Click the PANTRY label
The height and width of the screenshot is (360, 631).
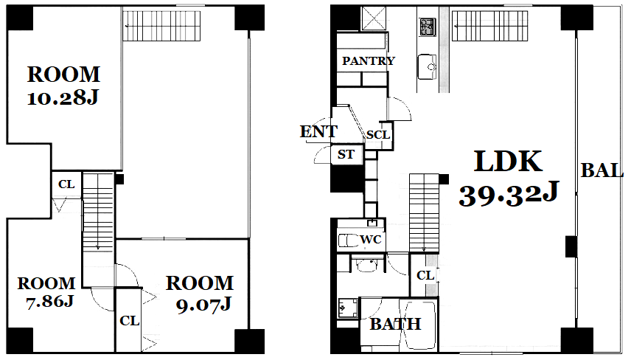[369, 60]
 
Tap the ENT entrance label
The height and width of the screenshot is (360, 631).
[318, 131]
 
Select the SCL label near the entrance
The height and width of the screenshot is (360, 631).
[378, 135]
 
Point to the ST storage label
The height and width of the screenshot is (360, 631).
[346, 154]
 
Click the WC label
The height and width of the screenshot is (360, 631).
[371, 240]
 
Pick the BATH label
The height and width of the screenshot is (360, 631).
[396, 324]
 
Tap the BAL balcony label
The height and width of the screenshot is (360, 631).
[602, 170]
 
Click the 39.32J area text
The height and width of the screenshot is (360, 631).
[509, 194]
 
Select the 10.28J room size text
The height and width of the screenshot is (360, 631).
[63, 97]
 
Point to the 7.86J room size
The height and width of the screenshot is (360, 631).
[49, 301]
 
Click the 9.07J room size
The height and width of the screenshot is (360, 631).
[203, 305]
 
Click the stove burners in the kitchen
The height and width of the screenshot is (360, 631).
[427, 27]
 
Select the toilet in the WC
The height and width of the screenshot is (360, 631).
[349, 240]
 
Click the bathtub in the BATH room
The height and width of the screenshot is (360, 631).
[420, 325]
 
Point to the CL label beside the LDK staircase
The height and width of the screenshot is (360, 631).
[425, 276]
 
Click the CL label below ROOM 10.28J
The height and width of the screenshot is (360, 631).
[66, 184]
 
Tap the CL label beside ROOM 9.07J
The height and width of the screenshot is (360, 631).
[129, 321]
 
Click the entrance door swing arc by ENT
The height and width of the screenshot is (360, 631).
[321, 154]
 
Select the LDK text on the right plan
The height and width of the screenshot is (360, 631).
[508, 161]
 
